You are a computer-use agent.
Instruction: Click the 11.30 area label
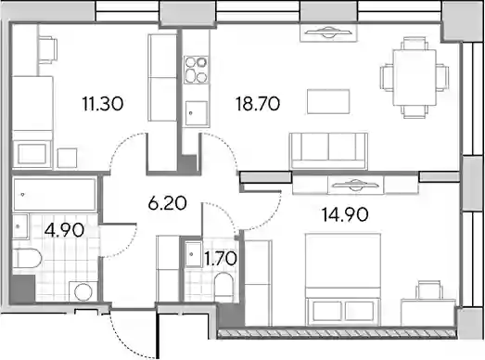click(x=103, y=103)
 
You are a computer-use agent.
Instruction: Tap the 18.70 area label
click(x=258, y=103)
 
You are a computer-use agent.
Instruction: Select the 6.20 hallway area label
click(x=167, y=203)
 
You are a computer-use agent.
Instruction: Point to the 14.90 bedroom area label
click(x=345, y=214)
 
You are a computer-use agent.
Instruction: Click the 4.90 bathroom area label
click(x=64, y=230)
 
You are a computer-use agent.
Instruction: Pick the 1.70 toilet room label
click(x=221, y=258)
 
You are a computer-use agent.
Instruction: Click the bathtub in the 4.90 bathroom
click(x=55, y=195)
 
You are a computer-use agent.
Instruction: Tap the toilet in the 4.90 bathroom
click(x=27, y=259)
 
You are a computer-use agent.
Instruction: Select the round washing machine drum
click(x=83, y=291)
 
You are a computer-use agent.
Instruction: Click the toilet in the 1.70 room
click(x=223, y=286)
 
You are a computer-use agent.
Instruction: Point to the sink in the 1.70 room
click(x=193, y=254)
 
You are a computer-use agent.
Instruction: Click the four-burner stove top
click(x=196, y=70)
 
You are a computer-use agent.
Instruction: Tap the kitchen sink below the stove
click(x=196, y=113)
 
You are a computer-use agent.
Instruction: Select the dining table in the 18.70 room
click(x=415, y=78)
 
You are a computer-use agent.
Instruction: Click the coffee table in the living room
click(x=328, y=101)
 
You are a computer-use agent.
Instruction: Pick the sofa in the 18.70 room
click(x=328, y=151)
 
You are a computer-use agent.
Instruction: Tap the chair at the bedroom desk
click(x=428, y=290)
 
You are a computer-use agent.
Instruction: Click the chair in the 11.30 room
click(x=47, y=50)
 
